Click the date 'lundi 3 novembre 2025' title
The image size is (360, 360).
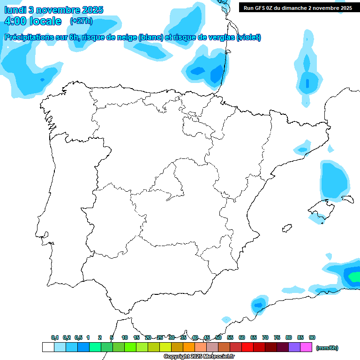click(x=54, y=10)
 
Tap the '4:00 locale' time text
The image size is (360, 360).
click(x=33, y=21)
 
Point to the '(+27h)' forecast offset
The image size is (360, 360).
click(x=81, y=21)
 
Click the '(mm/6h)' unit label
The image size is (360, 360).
click(x=327, y=348)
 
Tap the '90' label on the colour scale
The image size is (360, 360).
click(x=312, y=337)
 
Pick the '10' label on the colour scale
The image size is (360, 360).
click(x=125, y=337)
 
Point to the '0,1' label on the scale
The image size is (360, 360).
click(x=55, y=337)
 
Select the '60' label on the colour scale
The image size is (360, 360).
click(x=242, y=337)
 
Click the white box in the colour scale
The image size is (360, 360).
click(x=48, y=347)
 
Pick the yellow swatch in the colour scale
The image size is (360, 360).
click(x=165, y=347)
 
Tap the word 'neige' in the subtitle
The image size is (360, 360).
click(x=125, y=37)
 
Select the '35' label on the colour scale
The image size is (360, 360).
click(x=183, y=337)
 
